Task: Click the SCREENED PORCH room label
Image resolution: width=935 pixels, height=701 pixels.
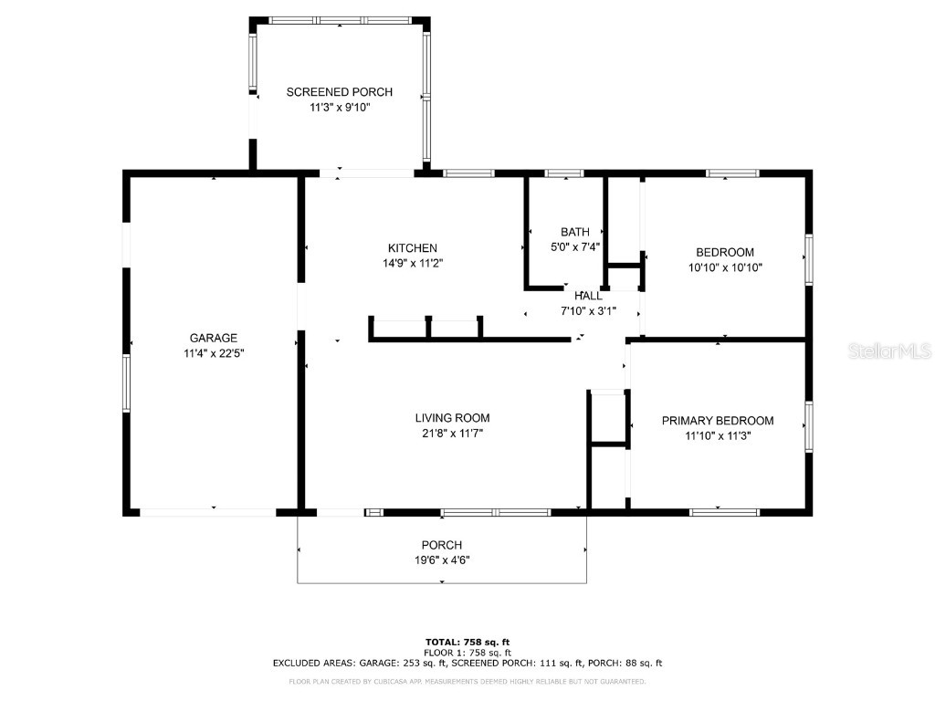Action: (x=340, y=92)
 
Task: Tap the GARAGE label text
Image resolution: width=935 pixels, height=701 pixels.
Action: (x=214, y=338)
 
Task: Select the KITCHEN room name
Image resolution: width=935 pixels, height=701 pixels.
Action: (x=413, y=248)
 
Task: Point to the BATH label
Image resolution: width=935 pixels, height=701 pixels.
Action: (x=575, y=232)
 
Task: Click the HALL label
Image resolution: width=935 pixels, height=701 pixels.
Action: (x=588, y=296)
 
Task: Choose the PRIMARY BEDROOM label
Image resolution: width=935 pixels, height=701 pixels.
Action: (x=718, y=421)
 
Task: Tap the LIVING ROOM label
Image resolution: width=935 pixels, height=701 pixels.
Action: (x=453, y=418)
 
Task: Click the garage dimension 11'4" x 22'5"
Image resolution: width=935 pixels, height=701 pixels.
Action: (x=214, y=353)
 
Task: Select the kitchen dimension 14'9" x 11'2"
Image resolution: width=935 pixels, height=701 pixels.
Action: (x=413, y=264)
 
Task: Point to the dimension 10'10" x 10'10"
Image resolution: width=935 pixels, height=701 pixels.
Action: (x=725, y=267)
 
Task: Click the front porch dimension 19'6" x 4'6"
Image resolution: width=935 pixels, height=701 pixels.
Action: (x=442, y=560)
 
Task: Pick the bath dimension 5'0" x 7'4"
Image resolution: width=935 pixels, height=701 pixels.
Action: (x=575, y=246)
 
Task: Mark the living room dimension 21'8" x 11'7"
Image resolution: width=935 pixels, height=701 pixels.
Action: (x=453, y=434)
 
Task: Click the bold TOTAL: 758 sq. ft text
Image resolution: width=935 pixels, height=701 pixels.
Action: (x=467, y=642)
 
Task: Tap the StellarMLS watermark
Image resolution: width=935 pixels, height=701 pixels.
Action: (x=889, y=350)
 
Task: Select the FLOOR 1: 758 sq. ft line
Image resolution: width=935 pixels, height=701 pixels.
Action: (x=467, y=653)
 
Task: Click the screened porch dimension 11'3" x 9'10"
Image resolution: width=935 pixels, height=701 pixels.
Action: (x=340, y=108)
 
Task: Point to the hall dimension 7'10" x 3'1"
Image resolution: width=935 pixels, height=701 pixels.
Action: (x=588, y=310)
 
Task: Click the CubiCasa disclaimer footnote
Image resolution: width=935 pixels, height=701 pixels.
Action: (x=467, y=681)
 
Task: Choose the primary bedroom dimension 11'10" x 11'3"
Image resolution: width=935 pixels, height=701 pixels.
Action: (x=718, y=435)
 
